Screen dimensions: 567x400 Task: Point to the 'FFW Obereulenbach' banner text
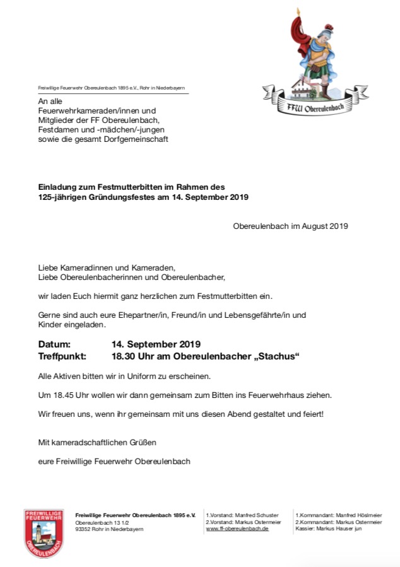(x=315, y=109)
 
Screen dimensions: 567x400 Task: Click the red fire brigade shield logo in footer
(x=44, y=532)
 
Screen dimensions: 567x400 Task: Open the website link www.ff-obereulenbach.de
(x=237, y=529)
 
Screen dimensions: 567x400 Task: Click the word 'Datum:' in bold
(x=55, y=344)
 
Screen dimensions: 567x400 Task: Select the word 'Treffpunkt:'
(x=65, y=356)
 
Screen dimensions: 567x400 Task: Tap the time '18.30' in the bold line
(x=126, y=356)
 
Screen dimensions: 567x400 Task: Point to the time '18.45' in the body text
(x=64, y=395)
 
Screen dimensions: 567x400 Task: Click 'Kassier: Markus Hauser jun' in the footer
(x=329, y=529)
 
